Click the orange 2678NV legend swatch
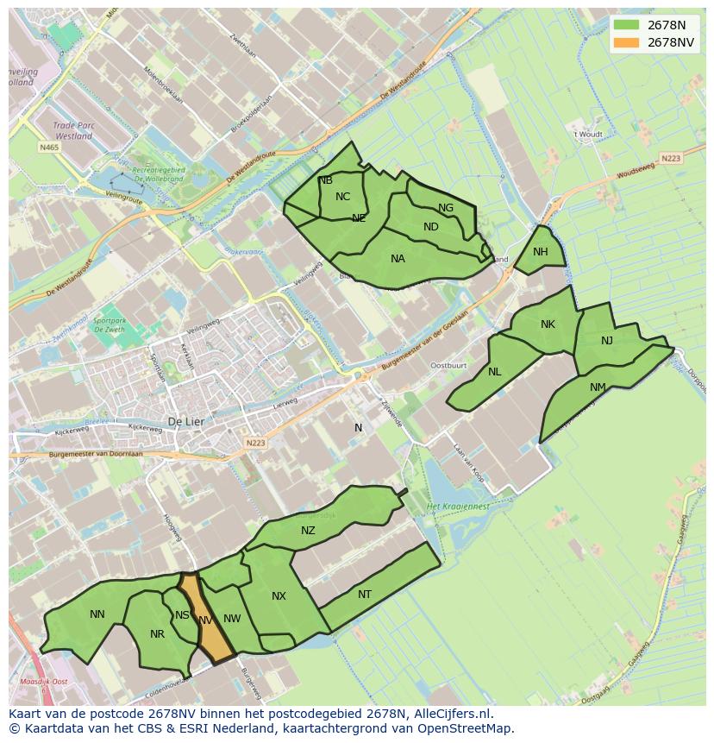627,43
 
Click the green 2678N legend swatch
627,25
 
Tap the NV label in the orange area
205,620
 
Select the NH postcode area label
541,252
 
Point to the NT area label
365,595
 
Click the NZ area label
308,531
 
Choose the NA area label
398,259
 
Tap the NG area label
446,208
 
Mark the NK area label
548,324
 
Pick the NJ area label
607,341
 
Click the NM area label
598,387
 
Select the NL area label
494,372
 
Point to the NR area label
157,634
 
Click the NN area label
97,614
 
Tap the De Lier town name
185,422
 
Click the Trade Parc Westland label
73,130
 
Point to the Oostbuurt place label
448,365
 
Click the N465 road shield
48,148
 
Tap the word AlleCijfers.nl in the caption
453,714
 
